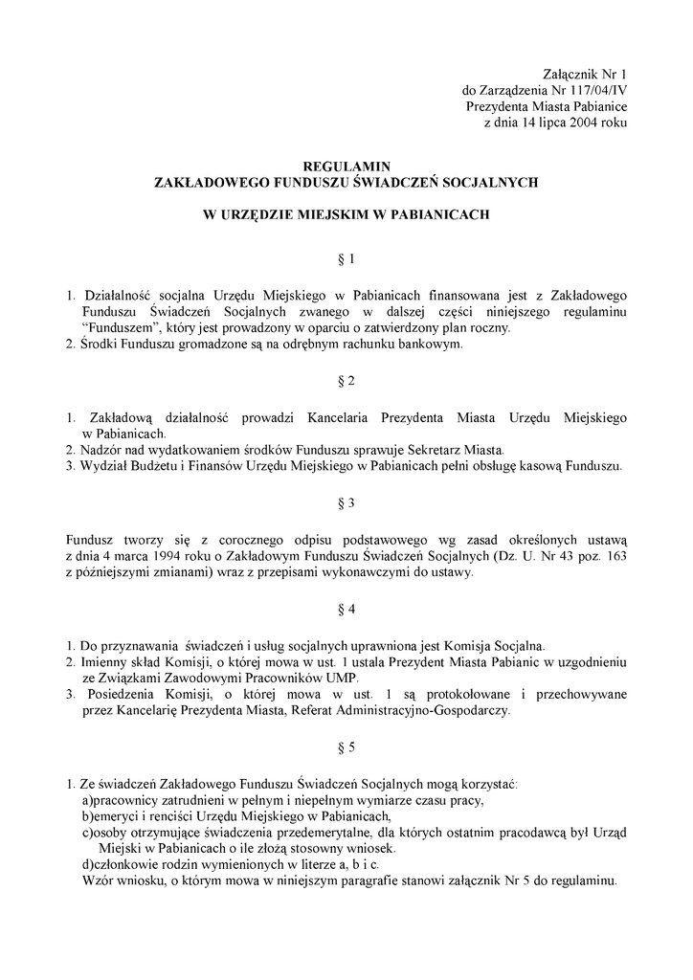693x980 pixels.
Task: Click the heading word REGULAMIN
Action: pos(346,165)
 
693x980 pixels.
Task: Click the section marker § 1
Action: pos(346,258)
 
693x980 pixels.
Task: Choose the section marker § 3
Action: pos(346,502)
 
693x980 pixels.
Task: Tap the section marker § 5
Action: pos(346,746)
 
